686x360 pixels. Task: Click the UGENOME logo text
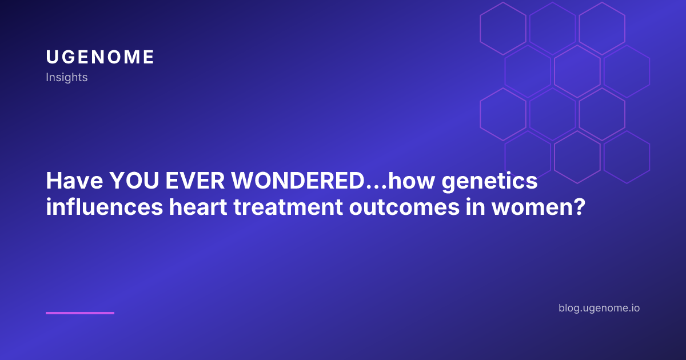tap(100, 57)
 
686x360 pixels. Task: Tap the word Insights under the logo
tap(67, 77)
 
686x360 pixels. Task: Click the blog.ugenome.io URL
tap(599, 308)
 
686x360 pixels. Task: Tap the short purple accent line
tap(80, 313)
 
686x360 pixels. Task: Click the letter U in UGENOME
tap(51, 57)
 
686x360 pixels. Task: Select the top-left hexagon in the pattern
tap(503, 29)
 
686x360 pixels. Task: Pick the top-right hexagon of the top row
tap(602, 29)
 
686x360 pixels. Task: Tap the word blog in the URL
tap(571, 308)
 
